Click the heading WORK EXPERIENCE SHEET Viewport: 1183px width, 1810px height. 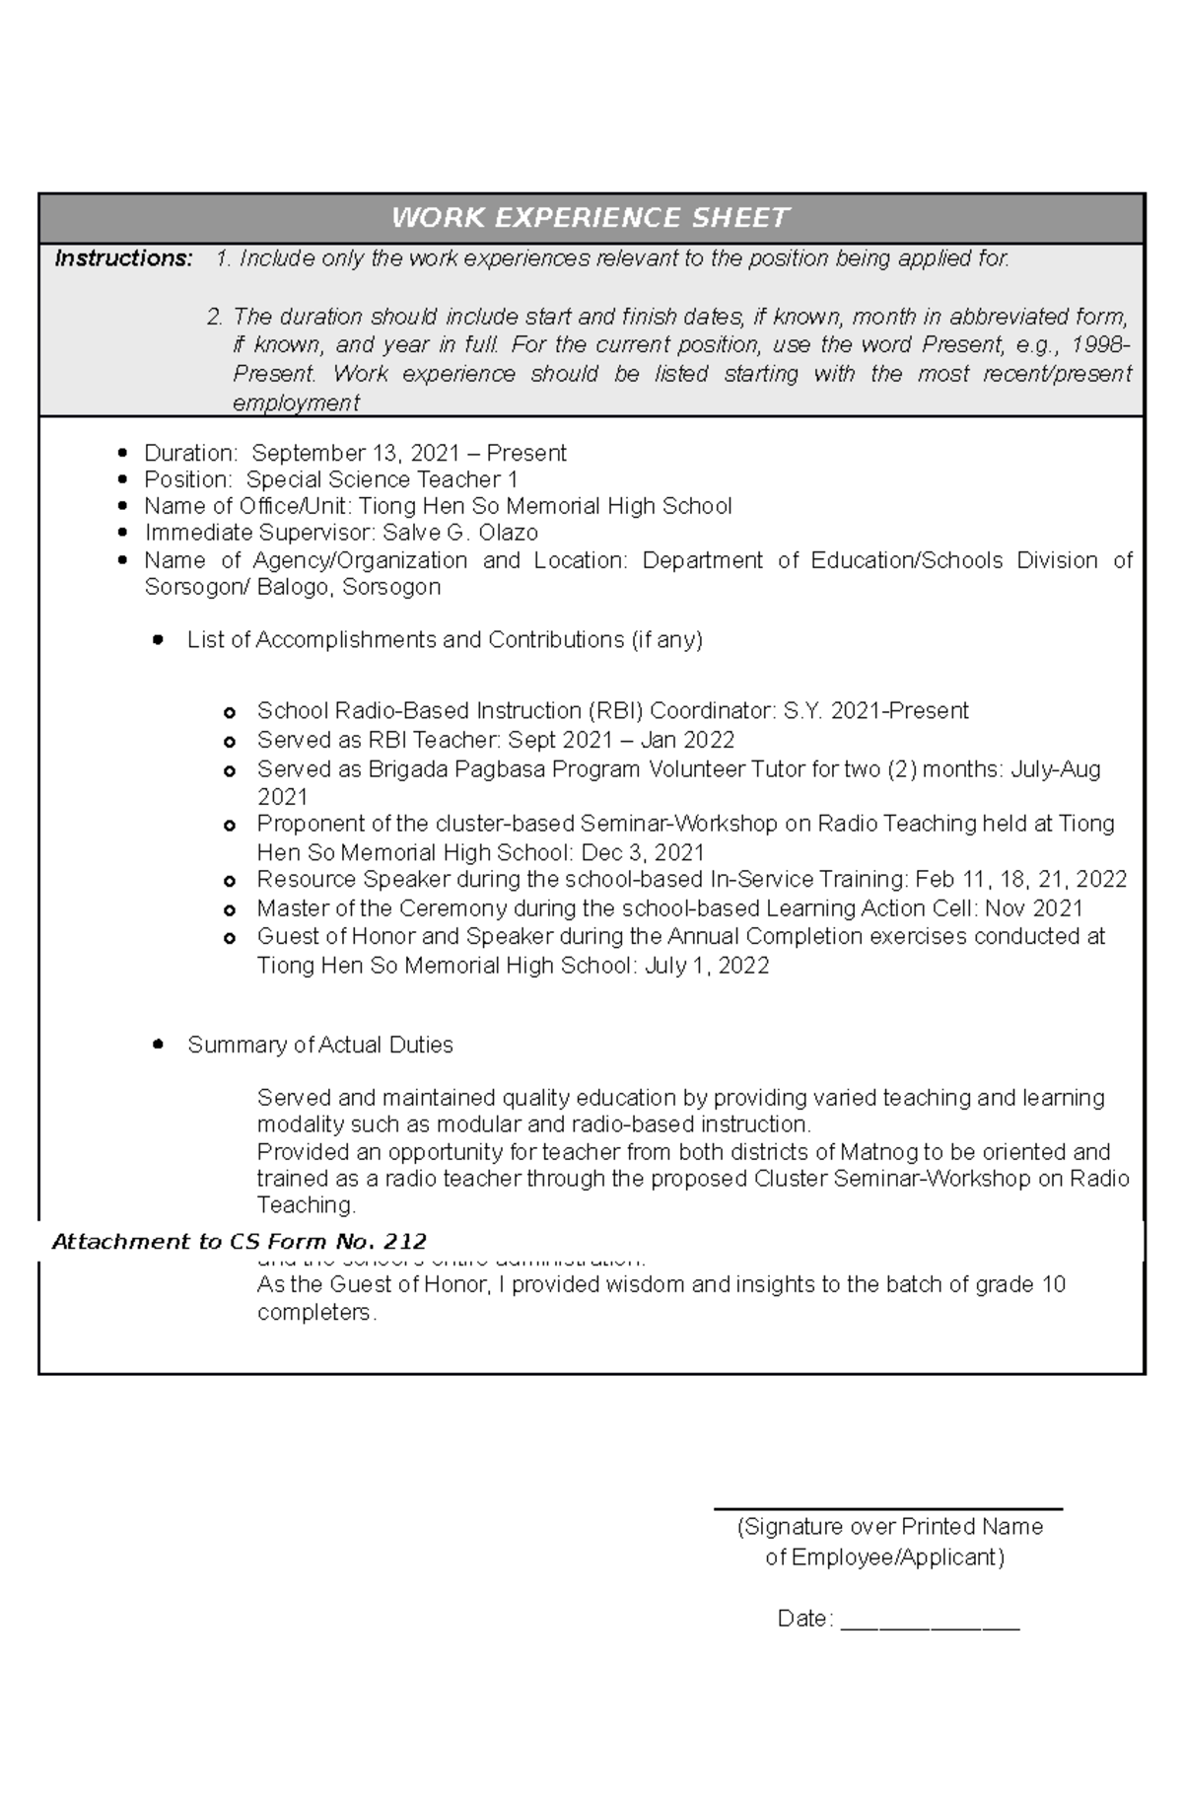591,218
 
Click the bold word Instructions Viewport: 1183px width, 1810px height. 124,259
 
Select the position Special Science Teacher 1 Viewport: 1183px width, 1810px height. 382,479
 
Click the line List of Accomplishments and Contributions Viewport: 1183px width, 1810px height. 445,640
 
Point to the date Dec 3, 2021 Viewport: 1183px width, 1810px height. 643,852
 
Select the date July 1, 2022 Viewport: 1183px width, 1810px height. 707,965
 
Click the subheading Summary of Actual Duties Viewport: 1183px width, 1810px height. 319,1045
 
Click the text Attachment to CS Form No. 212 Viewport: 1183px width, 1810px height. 239,1242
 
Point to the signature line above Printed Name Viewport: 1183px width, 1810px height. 887,1508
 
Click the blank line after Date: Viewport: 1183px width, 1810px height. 930,1620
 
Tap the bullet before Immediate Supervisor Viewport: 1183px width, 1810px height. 122,533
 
